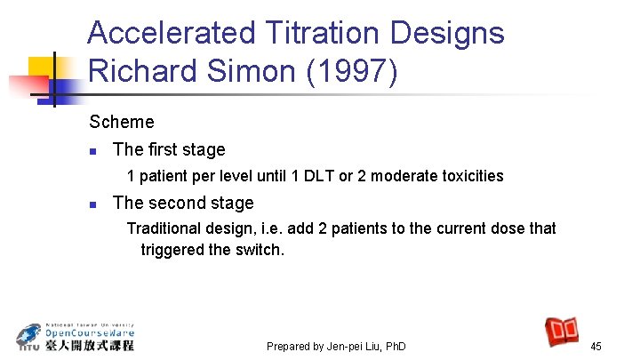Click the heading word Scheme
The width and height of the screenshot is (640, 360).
tap(122, 122)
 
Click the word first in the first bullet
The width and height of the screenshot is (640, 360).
tap(161, 149)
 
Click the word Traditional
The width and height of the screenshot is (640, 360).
tap(165, 228)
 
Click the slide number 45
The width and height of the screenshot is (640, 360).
tap(596, 346)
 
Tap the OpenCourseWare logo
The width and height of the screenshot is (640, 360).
tap(76, 336)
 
